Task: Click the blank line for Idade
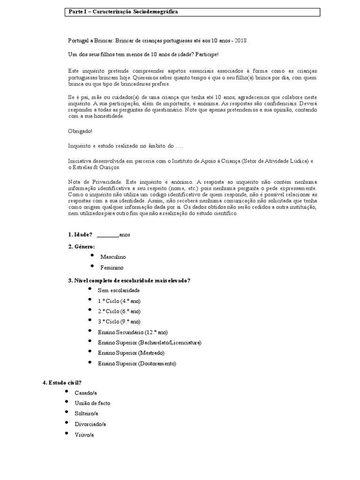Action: click(x=107, y=234)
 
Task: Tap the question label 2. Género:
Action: click(x=82, y=246)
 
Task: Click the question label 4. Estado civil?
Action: click(x=62, y=382)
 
